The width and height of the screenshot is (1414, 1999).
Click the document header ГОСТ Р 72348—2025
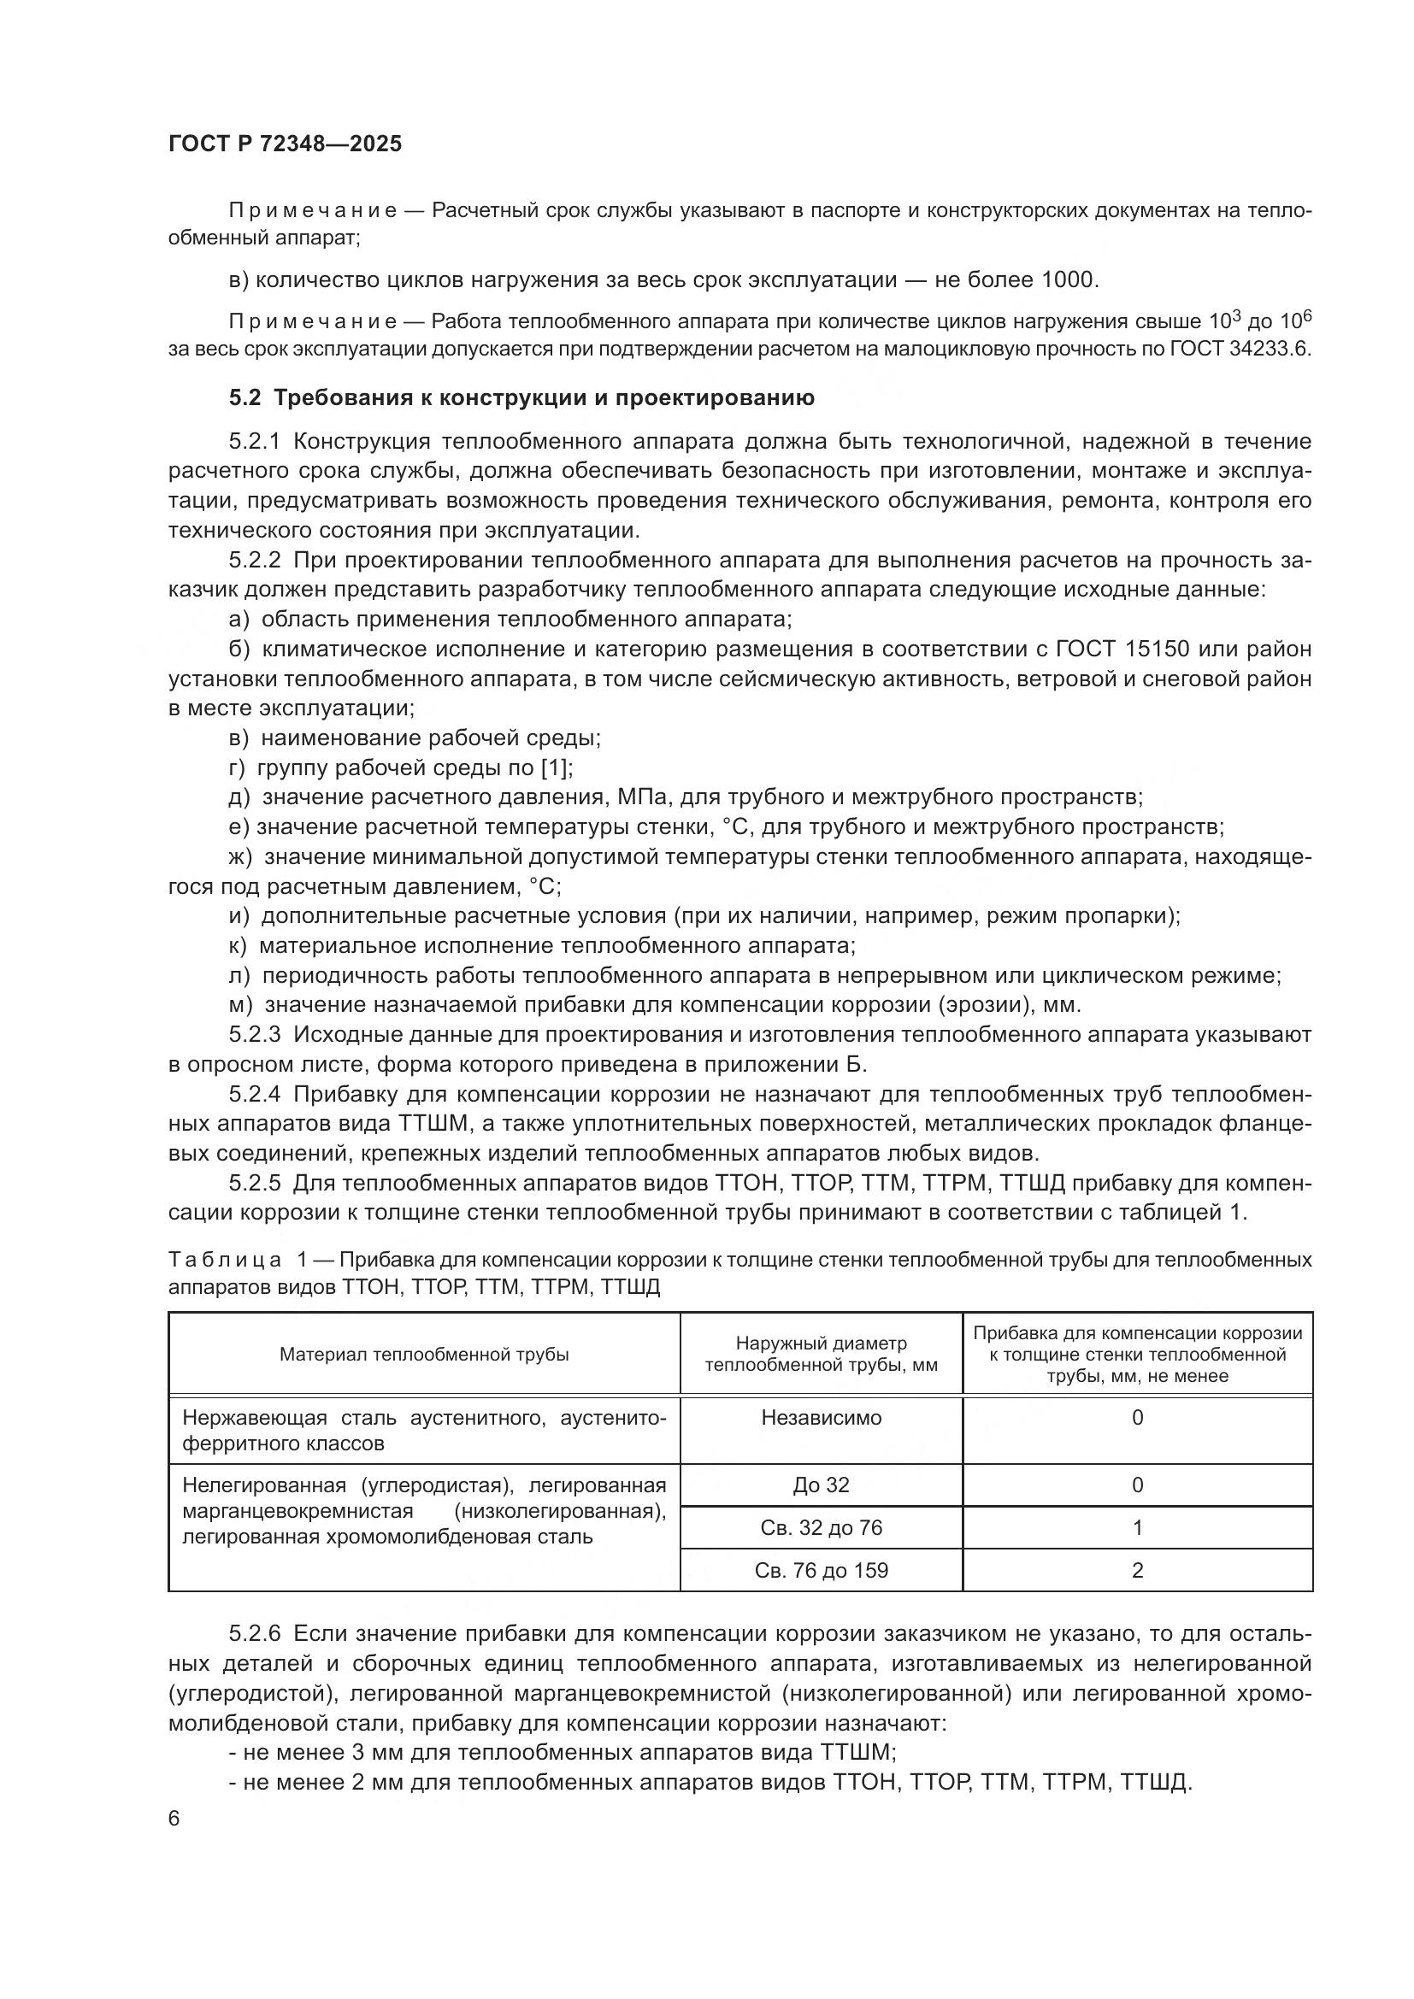pyautogui.click(x=285, y=144)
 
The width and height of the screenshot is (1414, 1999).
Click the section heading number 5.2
pyautogui.click(x=245, y=398)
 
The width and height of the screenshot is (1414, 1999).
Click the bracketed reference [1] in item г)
pyautogui.click(x=556, y=768)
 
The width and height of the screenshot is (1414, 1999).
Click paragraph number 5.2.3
pyautogui.click(x=255, y=1035)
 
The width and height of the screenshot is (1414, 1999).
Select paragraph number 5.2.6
pyautogui.click(x=255, y=1634)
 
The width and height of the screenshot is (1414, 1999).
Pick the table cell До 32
pyautogui.click(x=821, y=1485)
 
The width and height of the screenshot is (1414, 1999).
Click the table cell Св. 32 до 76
pyautogui.click(x=821, y=1528)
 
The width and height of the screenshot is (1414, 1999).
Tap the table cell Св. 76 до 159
pyautogui.click(x=821, y=1571)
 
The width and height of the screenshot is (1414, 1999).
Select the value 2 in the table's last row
pyautogui.click(x=1137, y=1571)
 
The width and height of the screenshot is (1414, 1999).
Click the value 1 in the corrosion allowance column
pyautogui.click(x=1137, y=1528)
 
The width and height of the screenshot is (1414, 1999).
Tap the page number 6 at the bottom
pyautogui.click(x=174, y=1820)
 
